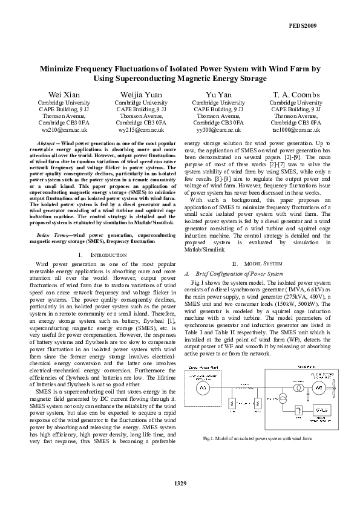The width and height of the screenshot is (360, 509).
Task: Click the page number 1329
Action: coord(180,482)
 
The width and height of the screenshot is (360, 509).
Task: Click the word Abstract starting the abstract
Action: coord(40,141)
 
